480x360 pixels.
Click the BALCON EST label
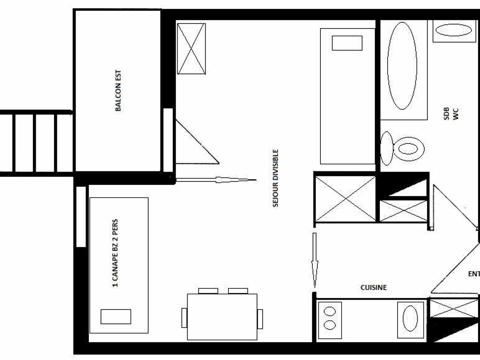click(x=118, y=91)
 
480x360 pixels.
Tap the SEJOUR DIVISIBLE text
click(x=276, y=178)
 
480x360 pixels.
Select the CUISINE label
click(x=374, y=287)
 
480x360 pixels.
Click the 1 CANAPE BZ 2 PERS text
click(x=115, y=253)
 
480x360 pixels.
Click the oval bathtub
click(x=402, y=65)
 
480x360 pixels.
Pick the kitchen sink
click(x=410, y=318)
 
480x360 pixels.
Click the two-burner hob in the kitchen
click(x=330, y=318)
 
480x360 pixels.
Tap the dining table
click(x=222, y=317)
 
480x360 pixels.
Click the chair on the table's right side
click(x=260, y=318)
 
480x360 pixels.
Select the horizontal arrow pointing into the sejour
click(x=216, y=180)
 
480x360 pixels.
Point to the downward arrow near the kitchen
click(x=315, y=260)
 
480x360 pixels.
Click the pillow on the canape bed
click(x=116, y=316)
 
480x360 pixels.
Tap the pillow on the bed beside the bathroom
click(x=347, y=43)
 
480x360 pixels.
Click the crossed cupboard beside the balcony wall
click(x=191, y=49)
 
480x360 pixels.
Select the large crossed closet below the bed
click(x=346, y=199)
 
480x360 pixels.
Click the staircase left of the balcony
click(x=36, y=143)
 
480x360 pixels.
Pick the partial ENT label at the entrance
click(x=474, y=274)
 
